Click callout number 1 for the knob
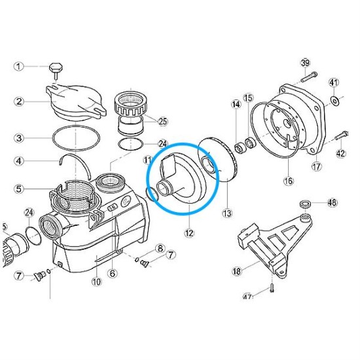click(19, 66)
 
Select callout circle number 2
click(19, 101)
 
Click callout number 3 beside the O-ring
click(19, 138)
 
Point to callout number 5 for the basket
click(19, 189)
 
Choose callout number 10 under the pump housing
click(96, 282)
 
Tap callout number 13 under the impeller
click(227, 213)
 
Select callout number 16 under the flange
click(289, 181)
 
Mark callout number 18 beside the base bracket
click(236, 270)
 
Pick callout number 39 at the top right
click(305, 63)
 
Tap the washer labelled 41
click(335, 99)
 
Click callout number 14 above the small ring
click(236, 103)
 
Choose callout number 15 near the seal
click(248, 98)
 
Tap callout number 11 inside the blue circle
click(148, 159)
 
